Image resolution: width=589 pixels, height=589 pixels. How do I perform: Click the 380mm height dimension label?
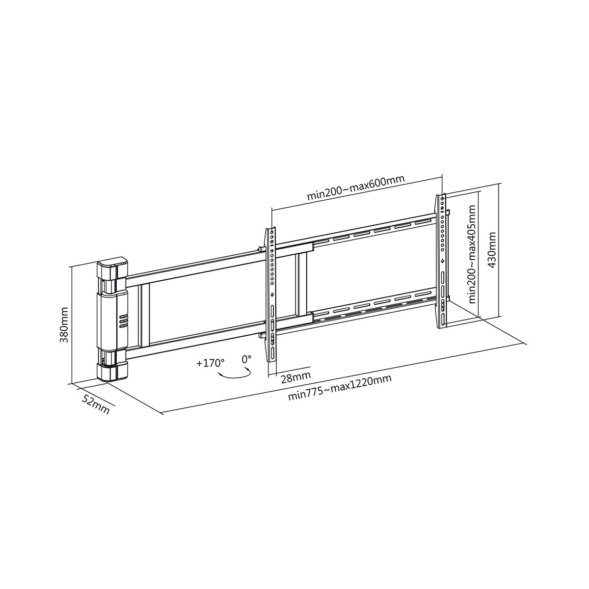tap(64, 325)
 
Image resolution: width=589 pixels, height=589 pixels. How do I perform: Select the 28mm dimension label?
tap(295, 378)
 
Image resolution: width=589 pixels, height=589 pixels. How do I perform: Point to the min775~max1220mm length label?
tap(340, 388)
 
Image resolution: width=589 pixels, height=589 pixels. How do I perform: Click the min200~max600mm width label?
tap(356, 187)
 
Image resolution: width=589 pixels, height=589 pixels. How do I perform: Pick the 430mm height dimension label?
tap(492, 250)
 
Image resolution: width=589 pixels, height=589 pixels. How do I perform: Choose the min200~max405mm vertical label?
tap(472, 254)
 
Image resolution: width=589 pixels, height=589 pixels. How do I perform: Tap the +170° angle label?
tap(211, 363)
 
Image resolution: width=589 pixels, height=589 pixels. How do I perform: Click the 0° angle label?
tap(246, 359)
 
